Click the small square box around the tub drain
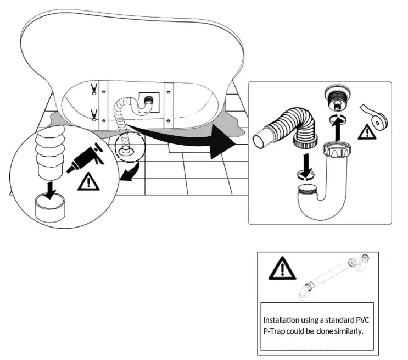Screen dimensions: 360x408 (x=149, y=102)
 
